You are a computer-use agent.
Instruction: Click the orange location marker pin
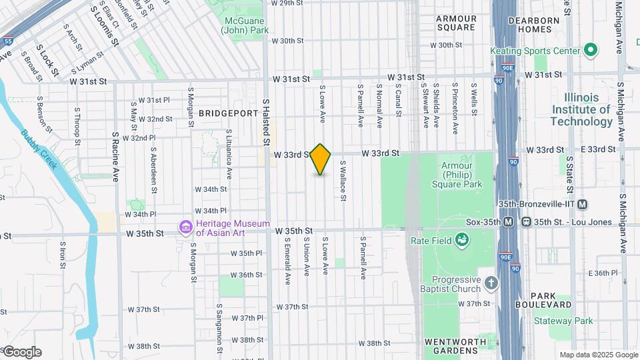[321, 159]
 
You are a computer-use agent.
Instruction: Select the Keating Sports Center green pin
[590, 50]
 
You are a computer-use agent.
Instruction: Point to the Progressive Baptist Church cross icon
[491, 283]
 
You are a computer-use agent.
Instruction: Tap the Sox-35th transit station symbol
[508, 221]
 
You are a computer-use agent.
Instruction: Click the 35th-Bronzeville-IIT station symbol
[582, 204]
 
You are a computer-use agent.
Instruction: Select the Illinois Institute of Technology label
[581, 109]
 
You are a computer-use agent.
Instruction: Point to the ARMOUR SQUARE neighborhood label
[457, 23]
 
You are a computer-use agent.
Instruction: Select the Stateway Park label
[563, 321]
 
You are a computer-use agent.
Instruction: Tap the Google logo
[21, 351]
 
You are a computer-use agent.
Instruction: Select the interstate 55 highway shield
[7, 41]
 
